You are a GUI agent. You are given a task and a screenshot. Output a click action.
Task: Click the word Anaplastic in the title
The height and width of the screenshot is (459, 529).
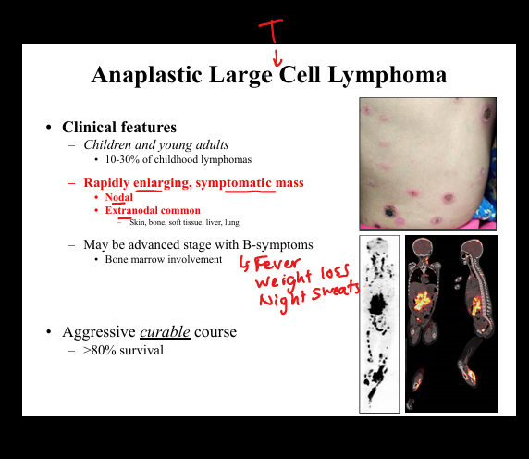(147, 75)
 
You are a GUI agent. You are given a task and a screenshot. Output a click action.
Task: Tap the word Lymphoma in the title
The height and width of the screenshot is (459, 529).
(388, 75)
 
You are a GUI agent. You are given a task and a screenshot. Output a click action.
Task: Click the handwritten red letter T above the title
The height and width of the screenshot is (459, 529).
(271, 31)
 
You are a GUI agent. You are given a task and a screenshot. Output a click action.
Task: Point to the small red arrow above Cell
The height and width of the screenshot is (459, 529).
(277, 58)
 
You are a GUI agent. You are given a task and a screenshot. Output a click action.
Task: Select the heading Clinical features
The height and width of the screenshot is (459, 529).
(119, 127)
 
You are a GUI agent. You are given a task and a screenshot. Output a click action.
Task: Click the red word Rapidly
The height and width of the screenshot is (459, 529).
(106, 183)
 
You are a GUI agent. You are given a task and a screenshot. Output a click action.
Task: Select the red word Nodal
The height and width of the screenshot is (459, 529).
(118, 197)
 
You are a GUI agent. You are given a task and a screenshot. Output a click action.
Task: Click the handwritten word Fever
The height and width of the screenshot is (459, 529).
(277, 265)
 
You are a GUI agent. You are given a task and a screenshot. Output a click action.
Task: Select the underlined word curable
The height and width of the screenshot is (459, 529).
(165, 332)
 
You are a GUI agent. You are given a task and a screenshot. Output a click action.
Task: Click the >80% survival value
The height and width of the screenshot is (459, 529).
(124, 351)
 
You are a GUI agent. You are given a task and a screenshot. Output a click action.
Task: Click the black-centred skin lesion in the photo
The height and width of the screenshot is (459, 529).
(389, 212)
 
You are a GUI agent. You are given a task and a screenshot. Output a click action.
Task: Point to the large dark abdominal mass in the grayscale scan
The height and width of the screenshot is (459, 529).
(378, 304)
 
